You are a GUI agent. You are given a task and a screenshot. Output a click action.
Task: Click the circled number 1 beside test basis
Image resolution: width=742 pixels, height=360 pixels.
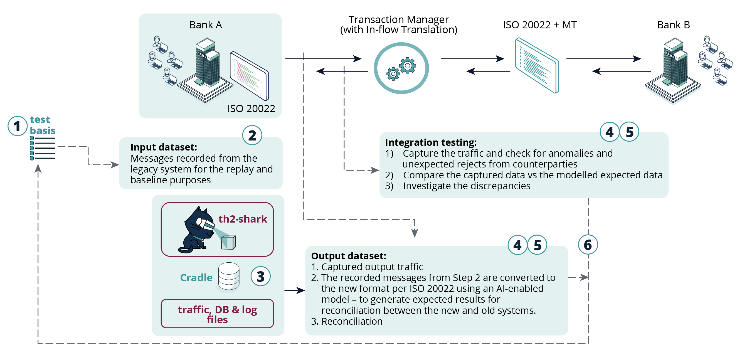[x=17, y=126]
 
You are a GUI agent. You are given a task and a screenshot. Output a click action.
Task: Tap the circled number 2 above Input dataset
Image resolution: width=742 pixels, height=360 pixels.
[x=252, y=135]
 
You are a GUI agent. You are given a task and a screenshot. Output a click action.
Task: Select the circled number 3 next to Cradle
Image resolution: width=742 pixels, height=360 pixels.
[x=260, y=277]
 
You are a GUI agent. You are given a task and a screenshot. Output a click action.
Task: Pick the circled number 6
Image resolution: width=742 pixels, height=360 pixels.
[x=588, y=245]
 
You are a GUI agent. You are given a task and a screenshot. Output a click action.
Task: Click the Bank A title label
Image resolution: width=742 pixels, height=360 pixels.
[x=206, y=25]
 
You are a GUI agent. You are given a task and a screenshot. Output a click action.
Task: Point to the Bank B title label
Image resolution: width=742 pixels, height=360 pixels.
[x=674, y=25]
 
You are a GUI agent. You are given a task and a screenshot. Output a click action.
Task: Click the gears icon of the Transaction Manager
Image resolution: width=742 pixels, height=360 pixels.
[x=401, y=68]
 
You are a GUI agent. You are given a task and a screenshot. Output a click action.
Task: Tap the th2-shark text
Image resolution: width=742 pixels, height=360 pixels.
[x=243, y=219]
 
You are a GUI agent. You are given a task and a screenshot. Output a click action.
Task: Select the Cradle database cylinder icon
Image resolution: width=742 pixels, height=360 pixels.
[x=229, y=277]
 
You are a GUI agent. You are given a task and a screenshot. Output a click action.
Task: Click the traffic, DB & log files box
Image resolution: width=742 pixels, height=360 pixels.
[x=217, y=314]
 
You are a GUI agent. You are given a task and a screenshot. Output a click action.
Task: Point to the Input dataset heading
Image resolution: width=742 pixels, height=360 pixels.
[x=164, y=147]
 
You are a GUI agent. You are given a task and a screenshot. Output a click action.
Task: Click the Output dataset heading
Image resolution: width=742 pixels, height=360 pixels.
[x=349, y=256]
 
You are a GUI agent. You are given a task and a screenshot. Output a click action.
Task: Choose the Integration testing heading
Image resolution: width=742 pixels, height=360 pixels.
[x=431, y=142]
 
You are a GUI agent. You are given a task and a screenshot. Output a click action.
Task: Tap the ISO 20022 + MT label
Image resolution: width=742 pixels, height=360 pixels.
[x=539, y=25]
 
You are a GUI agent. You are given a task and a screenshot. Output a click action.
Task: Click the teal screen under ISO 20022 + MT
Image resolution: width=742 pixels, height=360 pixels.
[x=537, y=65]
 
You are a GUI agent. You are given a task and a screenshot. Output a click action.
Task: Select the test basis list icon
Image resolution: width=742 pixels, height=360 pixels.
[x=43, y=148]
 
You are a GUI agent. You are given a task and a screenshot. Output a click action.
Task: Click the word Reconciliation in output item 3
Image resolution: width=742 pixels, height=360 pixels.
[x=352, y=321]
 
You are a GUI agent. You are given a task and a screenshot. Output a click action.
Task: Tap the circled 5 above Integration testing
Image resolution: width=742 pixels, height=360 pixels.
[x=629, y=132]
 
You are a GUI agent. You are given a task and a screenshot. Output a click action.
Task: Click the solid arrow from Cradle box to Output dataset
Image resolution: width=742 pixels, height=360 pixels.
[x=295, y=290]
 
